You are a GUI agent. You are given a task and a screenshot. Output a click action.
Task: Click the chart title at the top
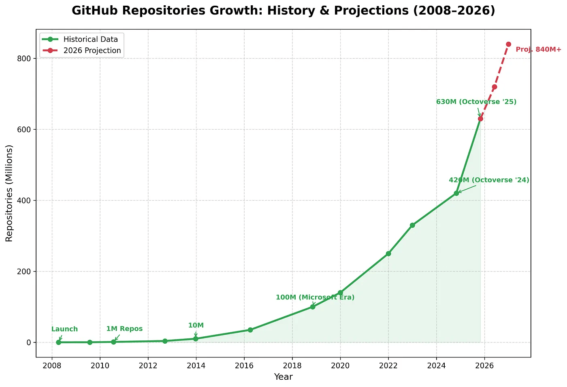[283, 11]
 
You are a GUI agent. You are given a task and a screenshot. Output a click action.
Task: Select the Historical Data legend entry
[90, 39]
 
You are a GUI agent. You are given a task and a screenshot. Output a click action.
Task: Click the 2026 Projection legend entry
[92, 51]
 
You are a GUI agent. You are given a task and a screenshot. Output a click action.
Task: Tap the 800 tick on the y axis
[25, 58]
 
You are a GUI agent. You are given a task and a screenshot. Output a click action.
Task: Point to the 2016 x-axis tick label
[244, 366]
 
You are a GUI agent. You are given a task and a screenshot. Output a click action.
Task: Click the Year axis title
[283, 377]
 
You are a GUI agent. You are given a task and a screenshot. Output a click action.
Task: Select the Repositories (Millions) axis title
[9, 193]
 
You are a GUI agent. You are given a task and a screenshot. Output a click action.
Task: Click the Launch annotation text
[64, 329]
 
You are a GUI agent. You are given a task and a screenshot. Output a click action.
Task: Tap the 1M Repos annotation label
[124, 329]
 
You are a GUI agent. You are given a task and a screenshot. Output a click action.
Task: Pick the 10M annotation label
[196, 325]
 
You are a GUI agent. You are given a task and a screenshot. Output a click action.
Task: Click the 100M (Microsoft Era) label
[315, 297]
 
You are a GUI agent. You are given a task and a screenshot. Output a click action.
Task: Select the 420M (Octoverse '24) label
[489, 180]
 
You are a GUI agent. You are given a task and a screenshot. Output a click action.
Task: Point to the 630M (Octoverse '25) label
[476, 102]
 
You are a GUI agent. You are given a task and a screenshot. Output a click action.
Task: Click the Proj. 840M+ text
[538, 49]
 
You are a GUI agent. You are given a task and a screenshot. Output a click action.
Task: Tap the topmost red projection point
[508, 44]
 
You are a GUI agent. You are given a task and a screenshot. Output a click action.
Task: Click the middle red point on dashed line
[494, 87]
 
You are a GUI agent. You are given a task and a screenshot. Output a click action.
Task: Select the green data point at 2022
[388, 254]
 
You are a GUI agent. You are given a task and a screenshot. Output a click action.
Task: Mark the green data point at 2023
[412, 225]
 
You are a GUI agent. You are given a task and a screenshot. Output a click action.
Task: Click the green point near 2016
[250, 330]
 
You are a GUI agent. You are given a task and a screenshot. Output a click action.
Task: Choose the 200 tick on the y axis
[25, 272]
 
